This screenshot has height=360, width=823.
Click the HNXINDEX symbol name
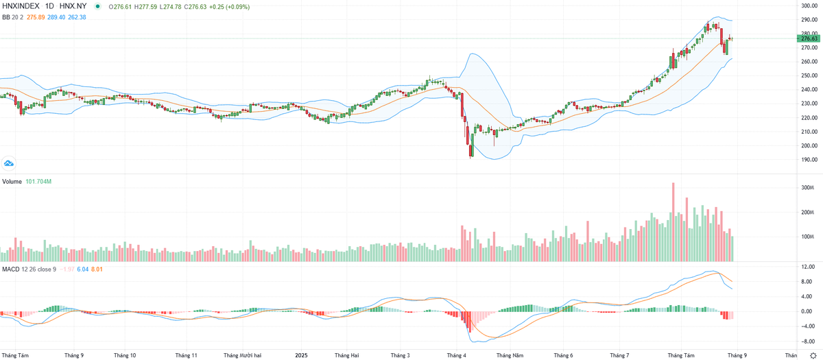(x=21, y=6)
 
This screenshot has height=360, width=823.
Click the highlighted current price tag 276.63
(x=809, y=39)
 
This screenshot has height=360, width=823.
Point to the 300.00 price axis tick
(x=809, y=5)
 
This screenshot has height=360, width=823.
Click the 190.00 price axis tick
(x=809, y=160)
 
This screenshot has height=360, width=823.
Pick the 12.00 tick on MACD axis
(x=808, y=267)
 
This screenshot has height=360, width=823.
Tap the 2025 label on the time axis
(x=300, y=355)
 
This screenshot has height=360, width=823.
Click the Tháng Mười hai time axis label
(x=242, y=355)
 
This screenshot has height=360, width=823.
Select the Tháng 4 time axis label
(x=456, y=355)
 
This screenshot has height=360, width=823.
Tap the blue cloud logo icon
(x=9, y=163)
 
